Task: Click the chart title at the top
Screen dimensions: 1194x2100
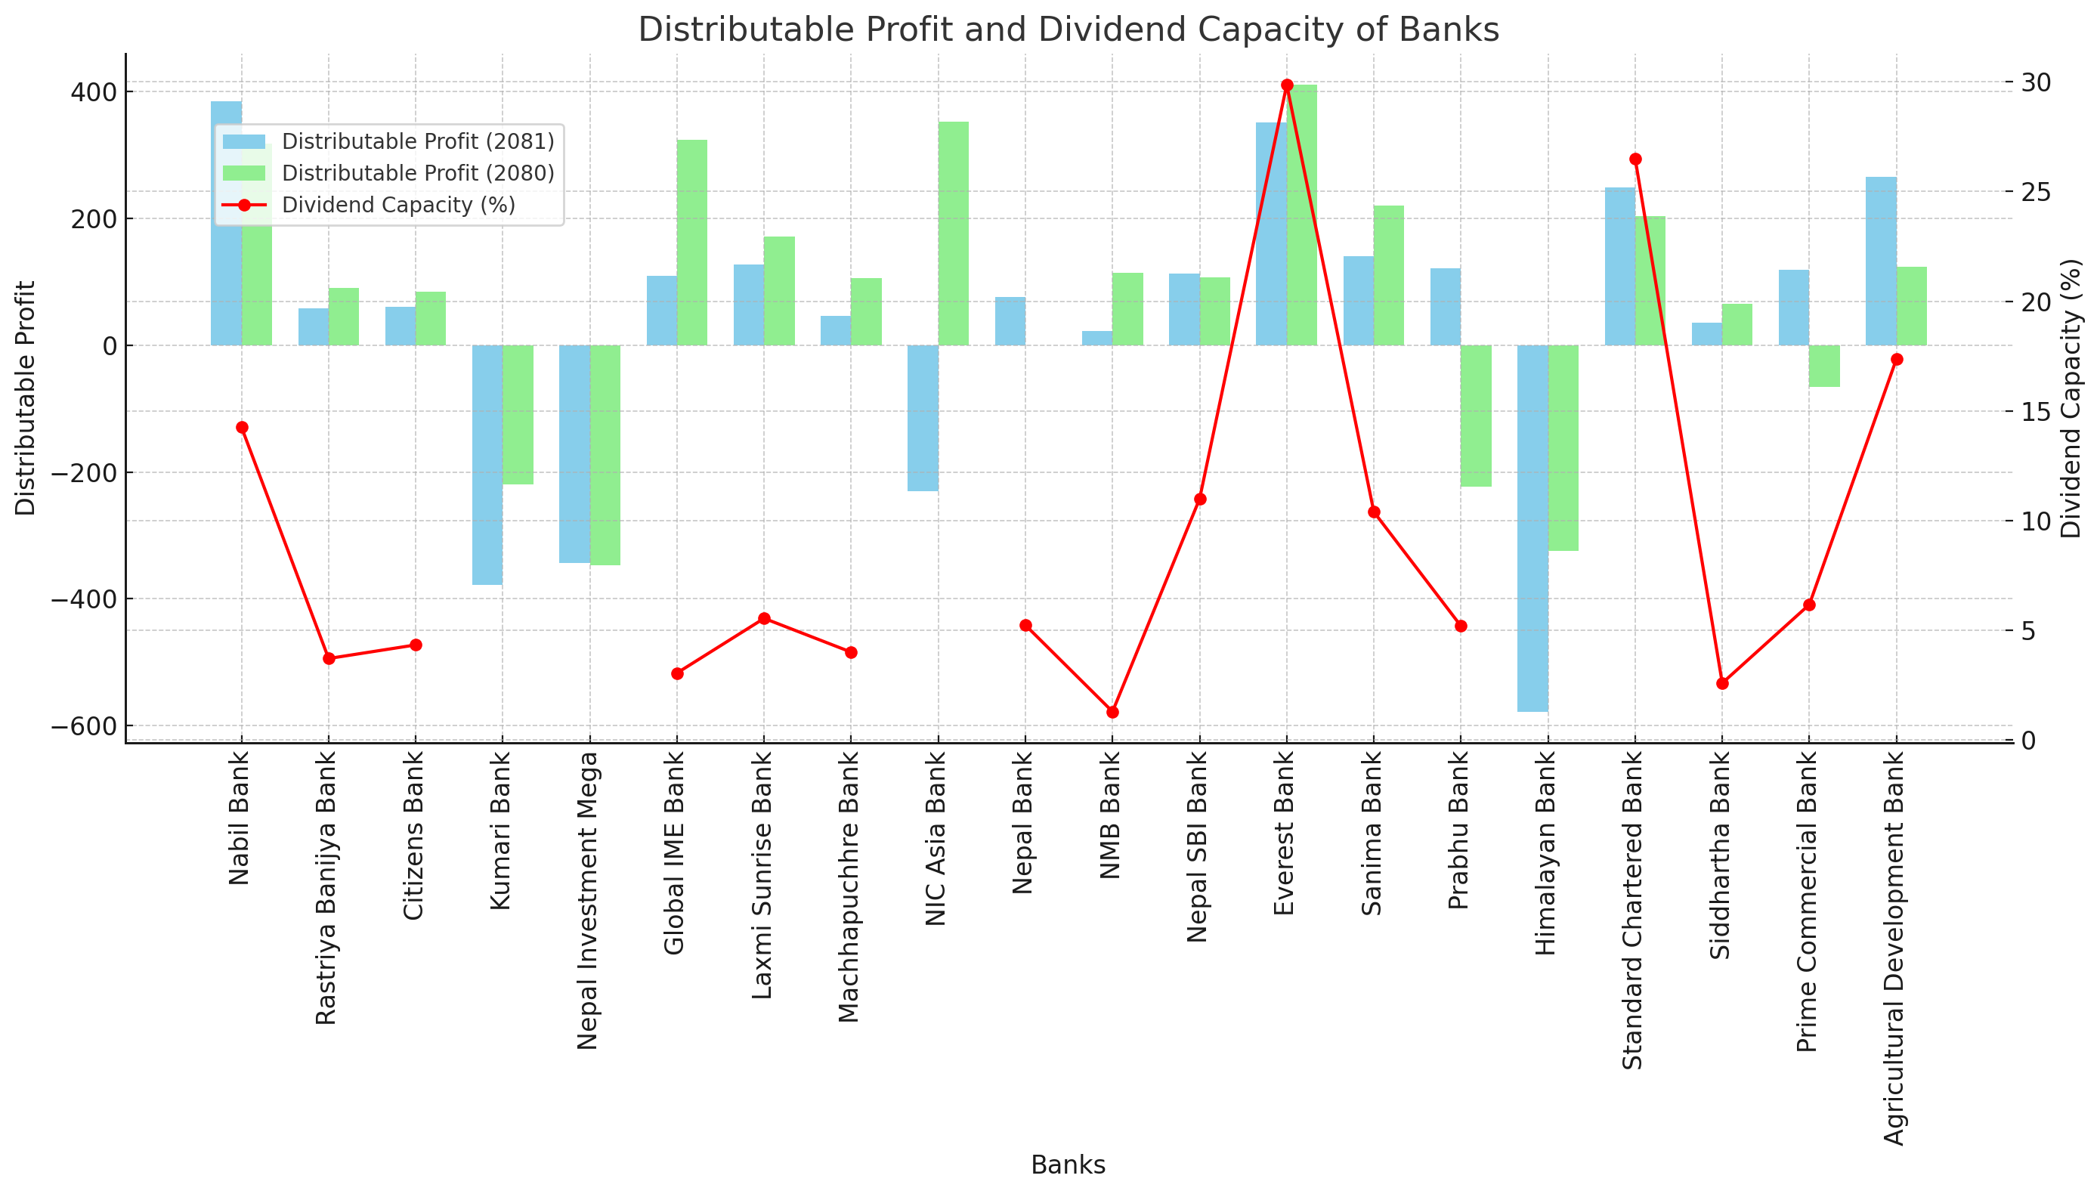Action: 1068,30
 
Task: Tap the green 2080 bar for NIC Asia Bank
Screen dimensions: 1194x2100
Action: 953,234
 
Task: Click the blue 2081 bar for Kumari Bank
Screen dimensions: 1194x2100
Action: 487,464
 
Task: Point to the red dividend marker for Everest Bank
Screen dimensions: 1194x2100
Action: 1287,85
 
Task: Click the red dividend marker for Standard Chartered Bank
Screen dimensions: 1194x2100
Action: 1635,159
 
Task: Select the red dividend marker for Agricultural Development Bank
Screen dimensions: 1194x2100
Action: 1897,359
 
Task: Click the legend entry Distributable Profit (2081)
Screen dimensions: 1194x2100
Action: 417,142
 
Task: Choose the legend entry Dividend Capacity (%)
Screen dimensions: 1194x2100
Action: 397,205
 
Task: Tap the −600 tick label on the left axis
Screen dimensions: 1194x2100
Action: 85,726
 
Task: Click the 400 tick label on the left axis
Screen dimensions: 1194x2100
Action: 93,92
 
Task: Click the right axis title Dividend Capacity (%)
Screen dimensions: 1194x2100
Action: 2071,398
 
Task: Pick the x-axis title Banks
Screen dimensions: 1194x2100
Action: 1068,1165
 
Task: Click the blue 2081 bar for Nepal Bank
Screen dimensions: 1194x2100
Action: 1010,320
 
